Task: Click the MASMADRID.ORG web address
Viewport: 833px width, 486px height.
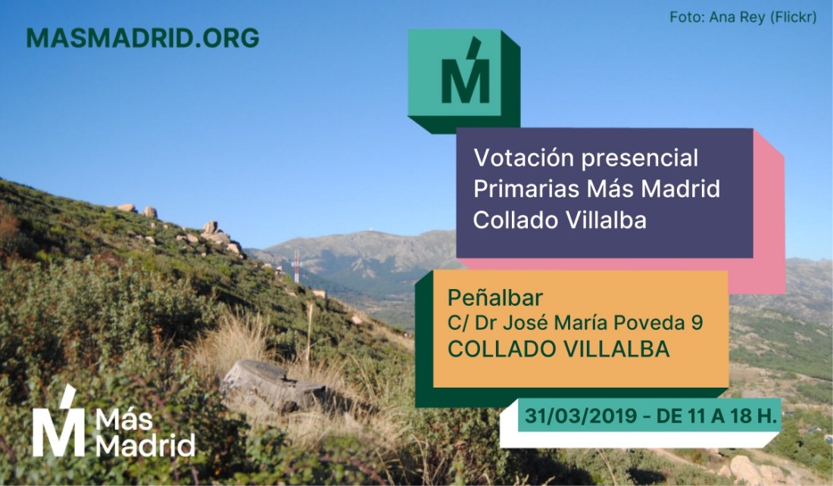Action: pyautogui.click(x=142, y=38)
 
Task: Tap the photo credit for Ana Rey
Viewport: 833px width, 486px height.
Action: pyautogui.click(x=742, y=17)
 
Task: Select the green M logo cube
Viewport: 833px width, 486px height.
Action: pyautogui.click(x=463, y=79)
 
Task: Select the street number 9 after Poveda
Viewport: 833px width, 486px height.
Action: pyautogui.click(x=697, y=322)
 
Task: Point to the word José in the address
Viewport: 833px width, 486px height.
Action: pyautogui.click(x=529, y=322)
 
